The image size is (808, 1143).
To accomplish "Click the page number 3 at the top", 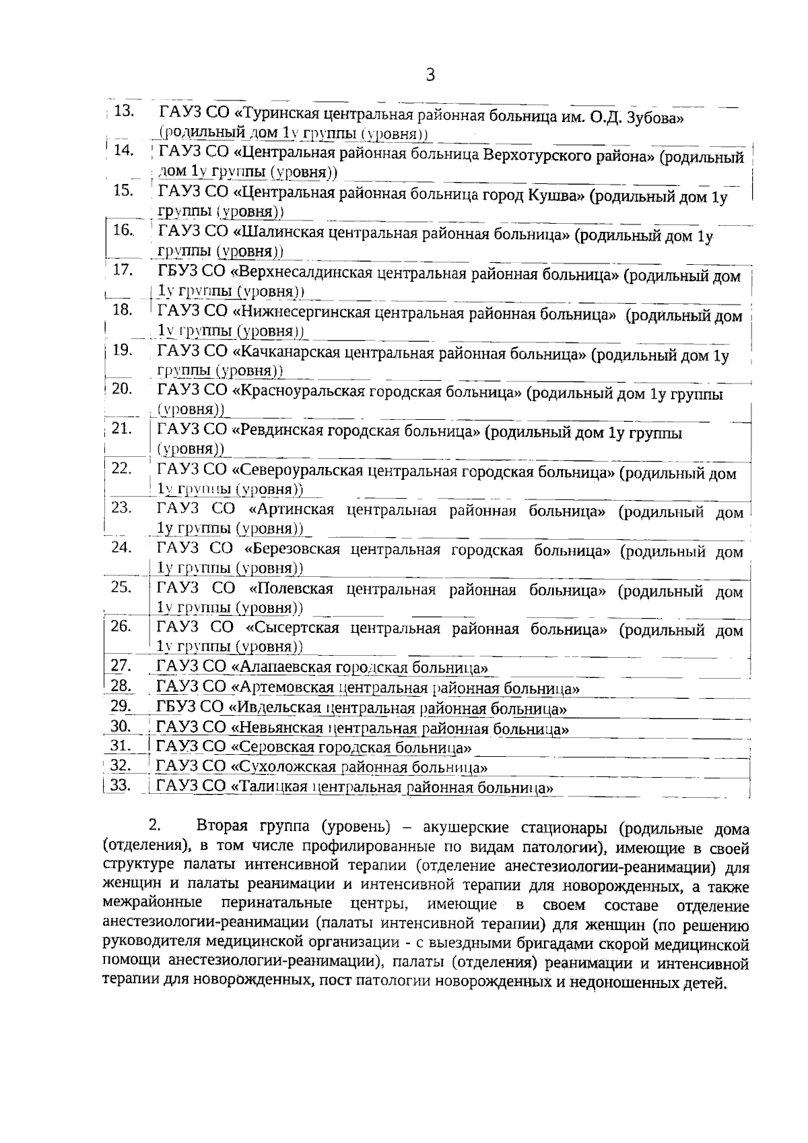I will coord(430,75).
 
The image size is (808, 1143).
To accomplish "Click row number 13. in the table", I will coord(125,111).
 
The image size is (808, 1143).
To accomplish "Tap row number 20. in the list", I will coord(122,389).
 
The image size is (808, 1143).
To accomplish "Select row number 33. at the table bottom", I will coord(121,785).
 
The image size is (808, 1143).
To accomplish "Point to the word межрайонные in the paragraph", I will coord(152,902).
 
